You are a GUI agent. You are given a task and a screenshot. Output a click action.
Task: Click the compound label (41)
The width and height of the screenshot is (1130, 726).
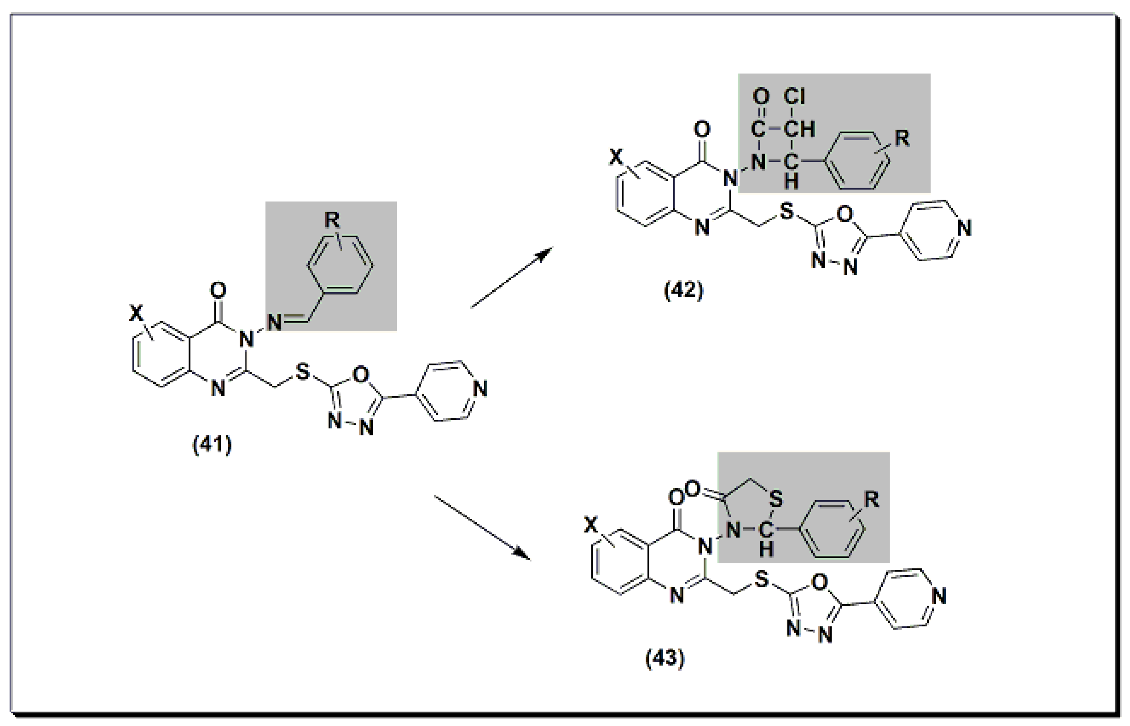(212, 445)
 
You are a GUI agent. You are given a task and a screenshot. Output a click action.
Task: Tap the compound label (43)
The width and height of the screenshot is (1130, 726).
(664, 658)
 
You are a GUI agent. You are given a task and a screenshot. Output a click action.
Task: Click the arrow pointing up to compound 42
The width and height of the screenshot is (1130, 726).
(511, 278)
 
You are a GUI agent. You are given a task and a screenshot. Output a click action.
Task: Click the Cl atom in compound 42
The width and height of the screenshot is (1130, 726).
(795, 97)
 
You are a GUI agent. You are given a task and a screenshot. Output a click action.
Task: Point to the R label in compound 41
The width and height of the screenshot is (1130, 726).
(332, 220)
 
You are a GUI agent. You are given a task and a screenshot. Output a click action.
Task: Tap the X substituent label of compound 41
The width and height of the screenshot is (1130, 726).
(136, 313)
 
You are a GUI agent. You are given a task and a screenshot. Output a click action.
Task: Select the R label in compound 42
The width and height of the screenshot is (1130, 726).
(902, 138)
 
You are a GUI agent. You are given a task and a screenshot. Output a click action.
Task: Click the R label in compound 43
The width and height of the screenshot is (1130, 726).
(872, 499)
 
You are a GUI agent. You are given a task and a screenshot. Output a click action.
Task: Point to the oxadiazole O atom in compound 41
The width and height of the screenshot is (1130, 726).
(361, 375)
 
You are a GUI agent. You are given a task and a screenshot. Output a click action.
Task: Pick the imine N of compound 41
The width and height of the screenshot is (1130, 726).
(274, 323)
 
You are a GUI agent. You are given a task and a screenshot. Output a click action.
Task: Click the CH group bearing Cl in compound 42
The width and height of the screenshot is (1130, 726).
(799, 129)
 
